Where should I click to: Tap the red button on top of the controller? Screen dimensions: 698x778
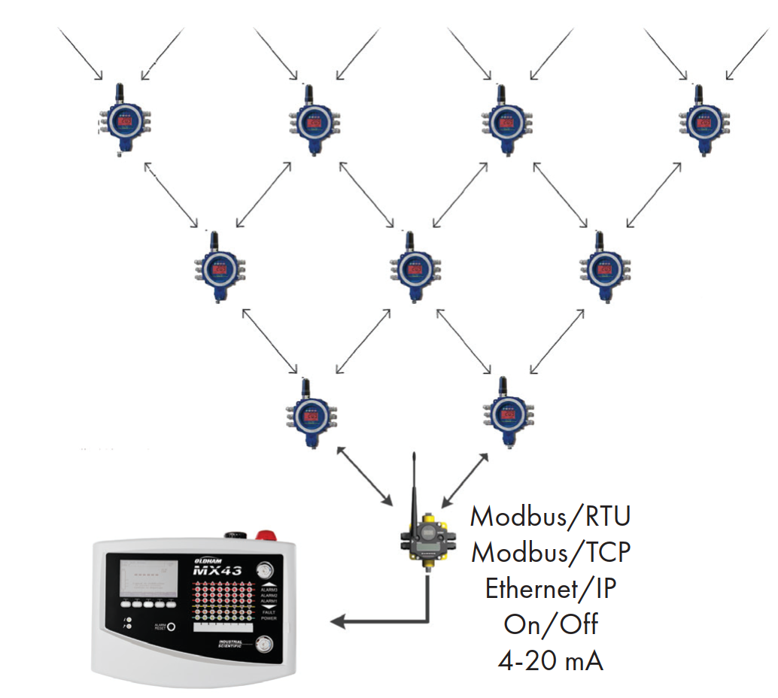tap(266, 536)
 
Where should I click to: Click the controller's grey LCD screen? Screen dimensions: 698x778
tap(149, 580)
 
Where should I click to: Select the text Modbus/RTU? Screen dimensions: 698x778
tap(550, 517)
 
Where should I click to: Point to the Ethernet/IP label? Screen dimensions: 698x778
tap(550, 588)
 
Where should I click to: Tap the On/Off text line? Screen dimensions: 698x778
tap(550, 624)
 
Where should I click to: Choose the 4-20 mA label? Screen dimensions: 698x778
tap(550, 660)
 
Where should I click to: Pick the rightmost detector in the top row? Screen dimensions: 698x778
tap(701, 120)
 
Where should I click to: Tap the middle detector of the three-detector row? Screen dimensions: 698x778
tap(410, 267)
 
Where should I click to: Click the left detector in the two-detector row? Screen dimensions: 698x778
tap(308, 413)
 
